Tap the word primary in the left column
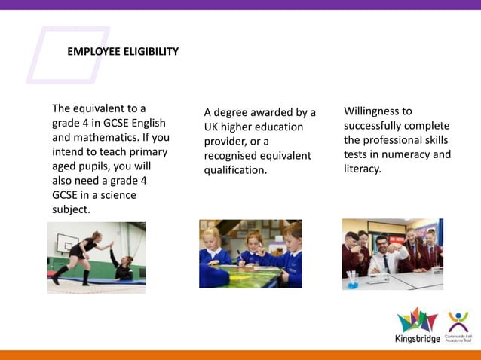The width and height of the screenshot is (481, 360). [149, 152]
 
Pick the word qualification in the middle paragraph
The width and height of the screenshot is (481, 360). [234, 170]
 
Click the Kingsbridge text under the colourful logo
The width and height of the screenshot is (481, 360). [417, 337]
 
